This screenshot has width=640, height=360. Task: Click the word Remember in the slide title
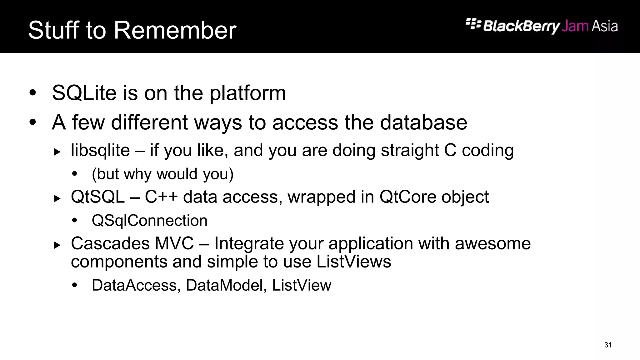175,30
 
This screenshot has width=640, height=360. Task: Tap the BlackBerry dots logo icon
473,24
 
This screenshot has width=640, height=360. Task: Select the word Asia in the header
604,26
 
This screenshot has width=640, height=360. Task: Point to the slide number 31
608,345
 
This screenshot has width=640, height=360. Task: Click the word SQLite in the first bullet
84,93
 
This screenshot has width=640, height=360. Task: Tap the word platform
247,94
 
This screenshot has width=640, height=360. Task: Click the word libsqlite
100,150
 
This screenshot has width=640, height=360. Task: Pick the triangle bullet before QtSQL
57,198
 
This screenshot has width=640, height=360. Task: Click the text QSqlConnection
149,221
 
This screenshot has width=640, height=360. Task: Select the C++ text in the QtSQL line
161,197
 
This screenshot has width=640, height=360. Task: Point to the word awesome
492,243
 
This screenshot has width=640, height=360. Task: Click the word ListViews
353,262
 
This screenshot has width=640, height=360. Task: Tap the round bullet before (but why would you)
74,174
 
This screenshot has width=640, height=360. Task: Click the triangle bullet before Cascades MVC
57,245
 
